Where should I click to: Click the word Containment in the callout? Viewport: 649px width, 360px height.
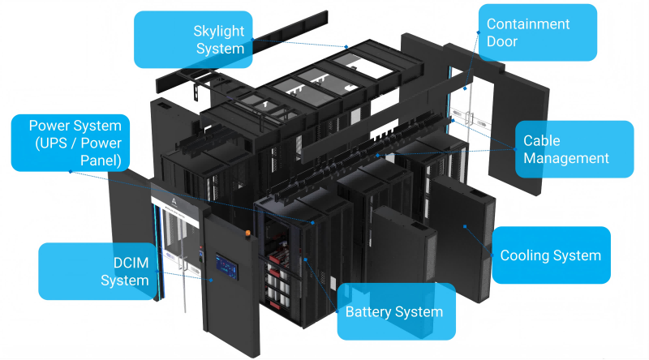pyautogui.click(x=527, y=24)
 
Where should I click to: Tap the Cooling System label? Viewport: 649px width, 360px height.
pyautogui.click(x=551, y=255)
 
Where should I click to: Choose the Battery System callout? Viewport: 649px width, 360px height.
pyautogui.click(x=394, y=311)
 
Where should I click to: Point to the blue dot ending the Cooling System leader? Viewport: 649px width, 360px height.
pyautogui.click(x=465, y=226)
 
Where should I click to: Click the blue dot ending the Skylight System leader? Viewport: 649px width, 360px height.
pyautogui.click(x=346, y=46)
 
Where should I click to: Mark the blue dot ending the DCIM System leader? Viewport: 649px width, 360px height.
pyautogui.click(x=213, y=279)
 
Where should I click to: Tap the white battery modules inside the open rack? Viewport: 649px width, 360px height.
pyautogui.click(x=281, y=287)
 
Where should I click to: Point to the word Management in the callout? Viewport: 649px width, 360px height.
pyautogui.click(x=566, y=158)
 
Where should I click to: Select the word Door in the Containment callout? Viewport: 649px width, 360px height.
pyautogui.click(x=501, y=41)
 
